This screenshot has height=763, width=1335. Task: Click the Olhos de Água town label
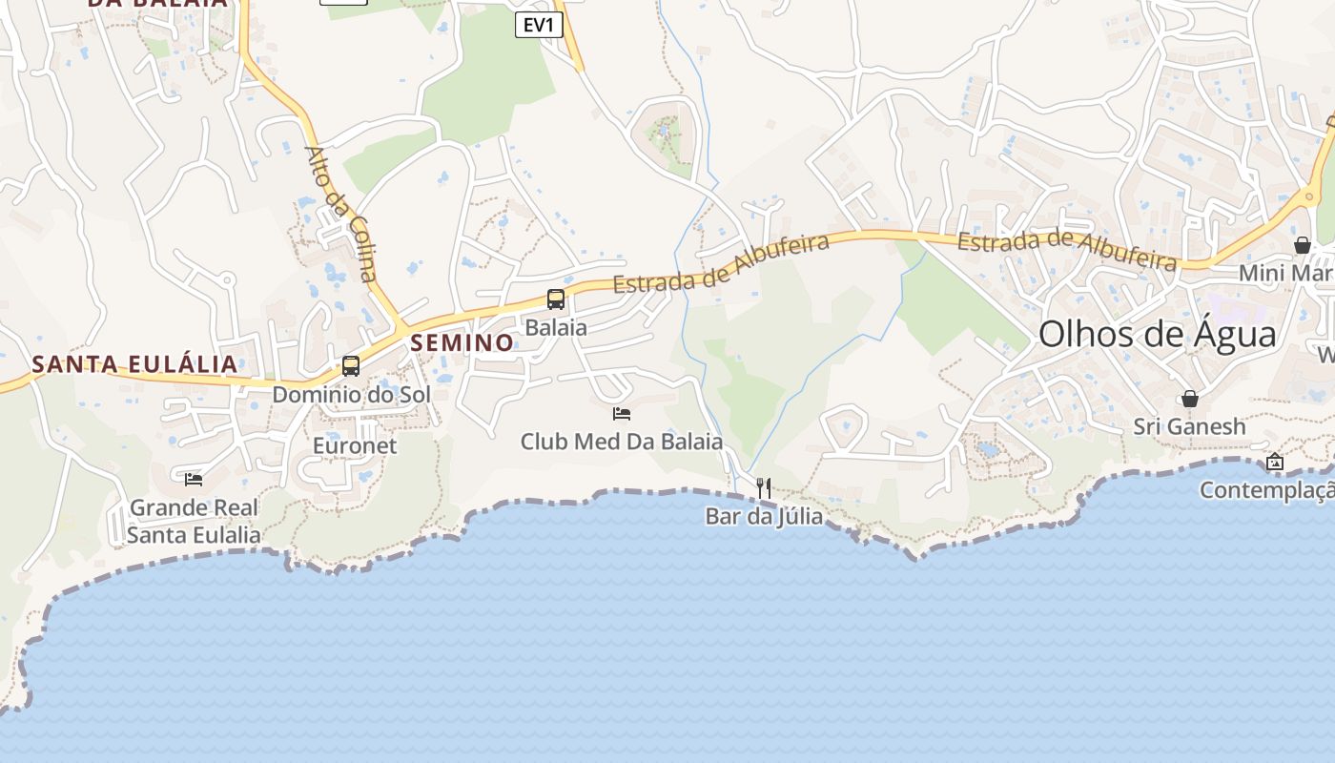point(1157,335)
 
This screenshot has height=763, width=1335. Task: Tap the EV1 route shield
point(539,26)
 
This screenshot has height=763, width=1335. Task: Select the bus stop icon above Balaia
point(556,299)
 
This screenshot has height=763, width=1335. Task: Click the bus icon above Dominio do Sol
point(351,366)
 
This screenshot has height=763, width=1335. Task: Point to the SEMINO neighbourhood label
point(462,343)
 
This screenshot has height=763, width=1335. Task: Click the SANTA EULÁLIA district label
point(134,364)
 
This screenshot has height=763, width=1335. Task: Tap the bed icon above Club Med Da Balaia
point(622,414)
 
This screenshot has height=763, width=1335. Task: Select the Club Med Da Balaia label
point(622,443)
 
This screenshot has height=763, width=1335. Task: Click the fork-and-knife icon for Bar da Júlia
point(763,488)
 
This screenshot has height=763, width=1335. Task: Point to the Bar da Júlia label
point(764,517)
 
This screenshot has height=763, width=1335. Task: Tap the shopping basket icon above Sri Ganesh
point(1190,399)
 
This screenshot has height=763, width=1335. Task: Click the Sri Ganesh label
point(1189,426)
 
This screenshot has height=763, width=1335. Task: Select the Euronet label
point(355,445)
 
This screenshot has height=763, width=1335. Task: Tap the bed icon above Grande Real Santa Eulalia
point(194,479)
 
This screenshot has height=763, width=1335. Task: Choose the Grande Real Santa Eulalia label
point(194,521)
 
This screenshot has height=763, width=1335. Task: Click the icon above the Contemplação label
point(1275,463)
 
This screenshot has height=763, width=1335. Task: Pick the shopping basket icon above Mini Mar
point(1303,246)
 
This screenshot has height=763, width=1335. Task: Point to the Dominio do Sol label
point(351,394)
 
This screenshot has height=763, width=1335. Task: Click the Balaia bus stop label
point(556,327)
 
